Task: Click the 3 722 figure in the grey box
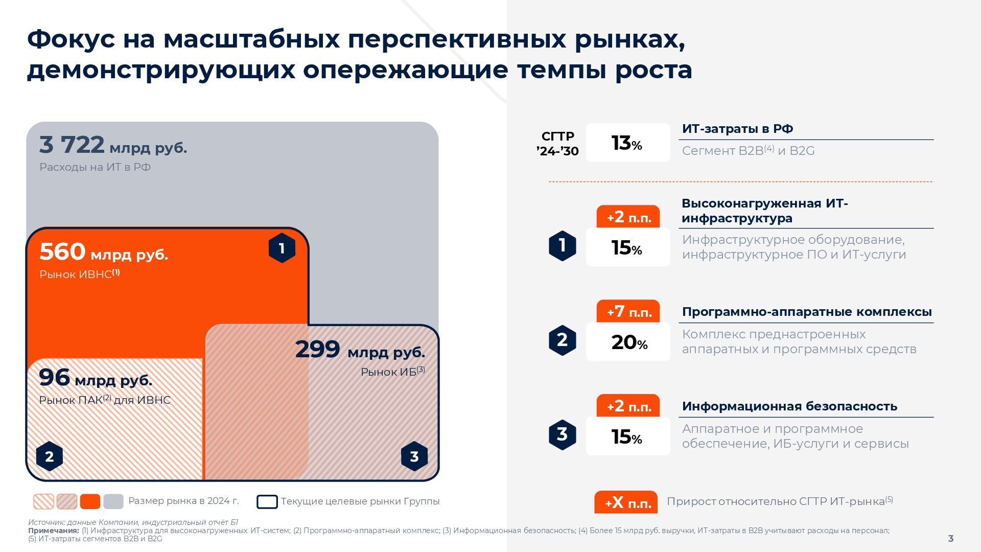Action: [72, 145]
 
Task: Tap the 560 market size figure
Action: [62, 251]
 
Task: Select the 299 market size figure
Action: [318, 350]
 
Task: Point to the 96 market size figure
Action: [54, 378]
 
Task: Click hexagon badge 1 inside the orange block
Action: [282, 248]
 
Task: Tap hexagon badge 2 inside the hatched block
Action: [50, 456]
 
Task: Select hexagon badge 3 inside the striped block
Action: [414, 456]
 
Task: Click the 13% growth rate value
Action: [627, 143]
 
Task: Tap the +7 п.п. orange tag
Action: [628, 311]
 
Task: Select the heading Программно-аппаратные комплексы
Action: [807, 312]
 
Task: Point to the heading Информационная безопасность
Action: [789, 406]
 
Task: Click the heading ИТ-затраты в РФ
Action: [737, 129]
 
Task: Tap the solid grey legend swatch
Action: [113, 501]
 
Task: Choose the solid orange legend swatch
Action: [90, 501]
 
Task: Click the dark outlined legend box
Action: [267, 502]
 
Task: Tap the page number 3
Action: [951, 538]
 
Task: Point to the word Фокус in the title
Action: [71, 39]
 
